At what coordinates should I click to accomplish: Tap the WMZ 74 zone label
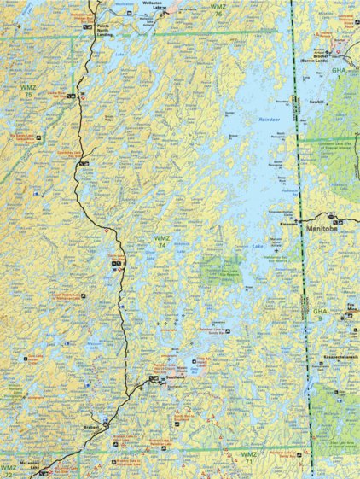pos(161,240)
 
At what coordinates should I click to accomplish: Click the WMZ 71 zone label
pos(248,454)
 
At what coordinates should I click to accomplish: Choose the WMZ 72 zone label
pos(9,469)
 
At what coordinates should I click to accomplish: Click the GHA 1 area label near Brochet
pos(340,71)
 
